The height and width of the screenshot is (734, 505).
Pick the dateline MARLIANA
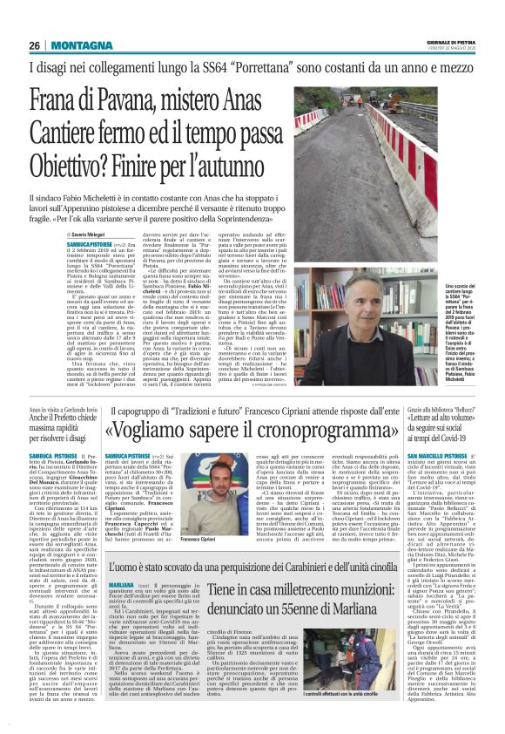coord(123,607)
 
